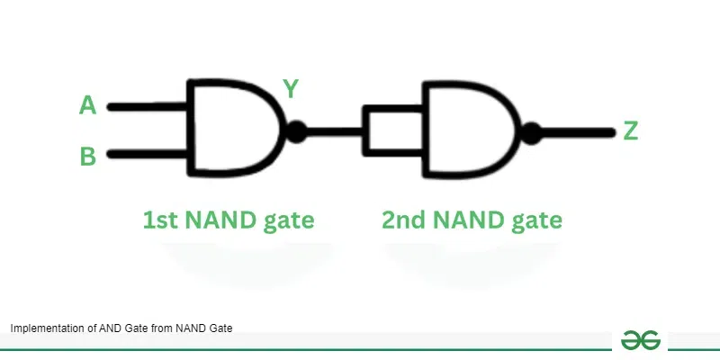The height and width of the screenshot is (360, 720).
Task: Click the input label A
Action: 87,106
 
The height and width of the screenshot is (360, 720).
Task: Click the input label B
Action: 87,157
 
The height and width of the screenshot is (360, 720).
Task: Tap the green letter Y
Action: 291,88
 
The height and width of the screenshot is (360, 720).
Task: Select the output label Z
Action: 631,131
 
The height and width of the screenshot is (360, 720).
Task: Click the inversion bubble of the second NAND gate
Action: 533,133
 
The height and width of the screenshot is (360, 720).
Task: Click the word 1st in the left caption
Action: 160,220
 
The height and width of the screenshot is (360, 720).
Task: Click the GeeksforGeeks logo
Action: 640,339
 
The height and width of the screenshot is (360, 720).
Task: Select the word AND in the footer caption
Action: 99,328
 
